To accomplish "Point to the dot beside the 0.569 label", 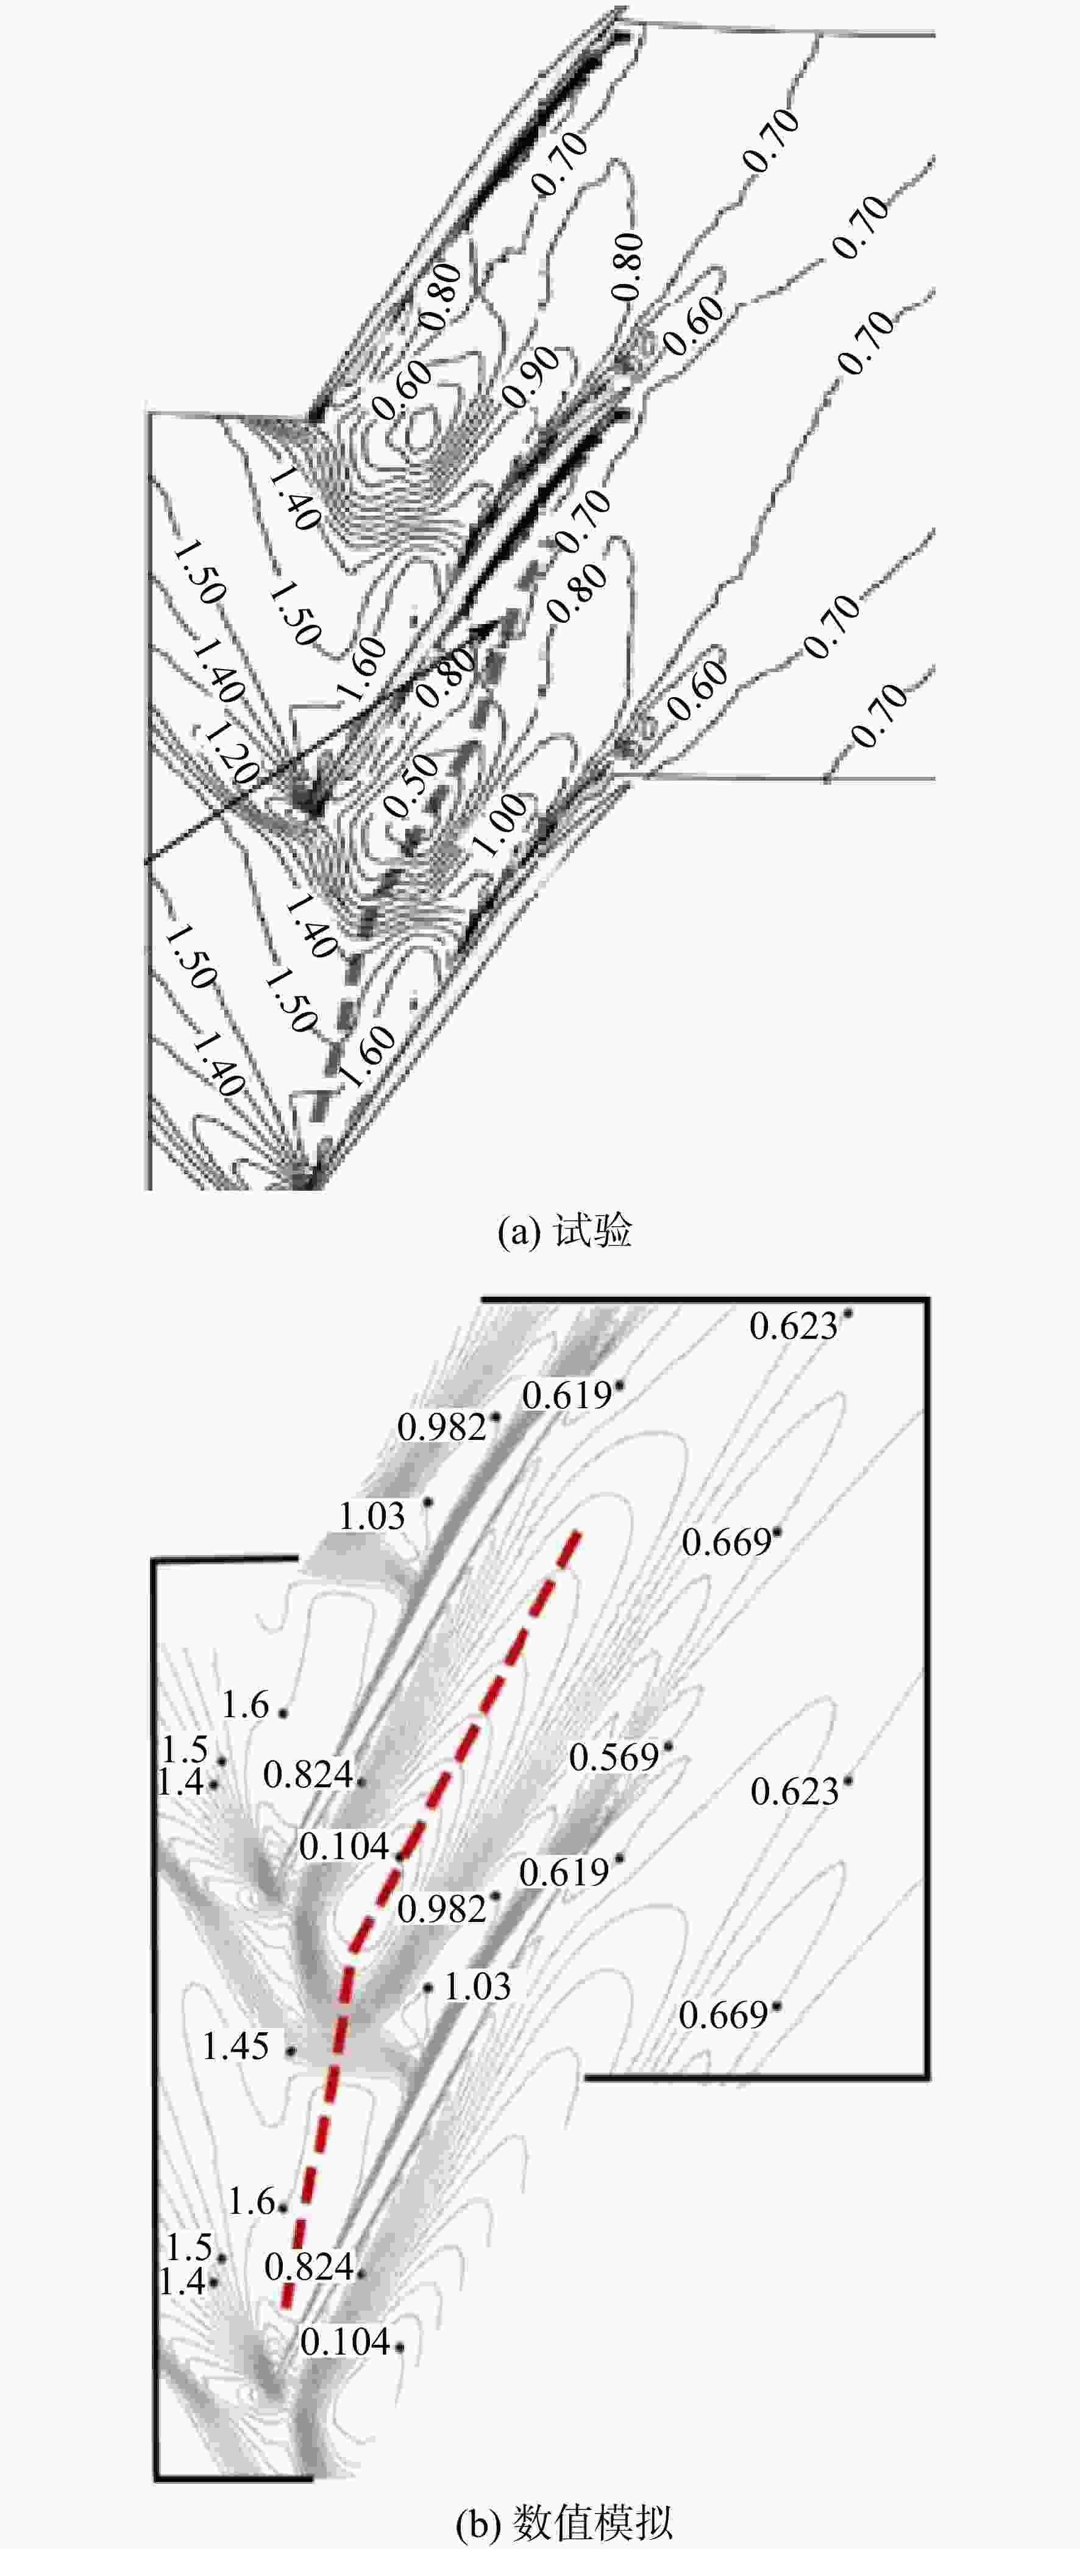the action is click(668, 1748).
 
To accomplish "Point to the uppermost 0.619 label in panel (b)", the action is click(567, 1396).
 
